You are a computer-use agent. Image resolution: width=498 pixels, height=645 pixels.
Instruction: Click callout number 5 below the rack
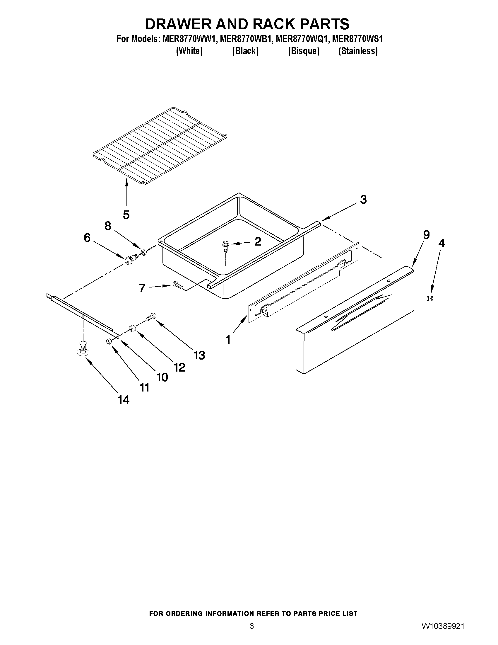pyautogui.click(x=126, y=215)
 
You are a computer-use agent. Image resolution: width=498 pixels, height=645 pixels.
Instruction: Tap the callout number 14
pyautogui.click(x=124, y=400)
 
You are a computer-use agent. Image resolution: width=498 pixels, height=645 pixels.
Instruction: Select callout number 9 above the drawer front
pyautogui.click(x=426, y=235)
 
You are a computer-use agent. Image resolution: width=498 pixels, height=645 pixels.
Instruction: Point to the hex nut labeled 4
pyautogui.click(x=430, y=298)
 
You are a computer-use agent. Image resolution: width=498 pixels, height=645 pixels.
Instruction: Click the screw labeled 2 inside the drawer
pyautogui.click(x=226, y=246)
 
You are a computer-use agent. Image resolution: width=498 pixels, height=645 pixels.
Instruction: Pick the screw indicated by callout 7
pyautogui.click(x=177, y=285)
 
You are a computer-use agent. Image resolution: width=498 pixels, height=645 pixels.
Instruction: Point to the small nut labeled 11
pyautogui.click(x=108, y=341)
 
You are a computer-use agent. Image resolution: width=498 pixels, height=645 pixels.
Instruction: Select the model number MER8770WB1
pyautogui.click(x=245, y=39)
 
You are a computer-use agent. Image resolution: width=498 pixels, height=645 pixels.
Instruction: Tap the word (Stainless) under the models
pyautogui.click(x=358, y=51)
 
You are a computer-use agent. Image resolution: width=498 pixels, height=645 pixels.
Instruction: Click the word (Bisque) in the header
pyautogui.click(x=304, y=51)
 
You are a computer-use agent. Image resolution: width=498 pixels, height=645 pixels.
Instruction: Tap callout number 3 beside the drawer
pyautogui.click(x=363, y=200)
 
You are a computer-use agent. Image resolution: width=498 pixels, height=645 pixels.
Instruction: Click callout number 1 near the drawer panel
pyautogui.click(x=228, y=340)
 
